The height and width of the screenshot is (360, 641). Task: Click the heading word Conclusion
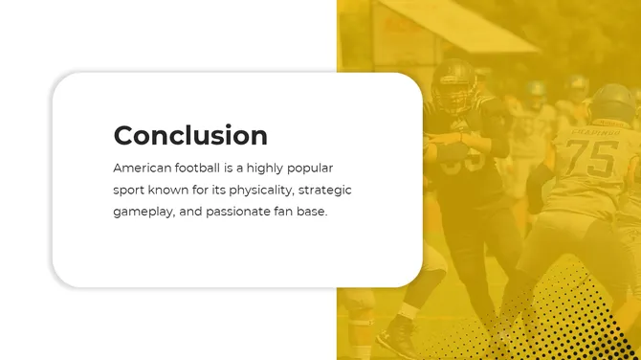coord(189,135)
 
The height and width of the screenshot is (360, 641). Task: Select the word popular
coord(308,168)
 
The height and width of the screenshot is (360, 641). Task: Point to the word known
coord(171,190)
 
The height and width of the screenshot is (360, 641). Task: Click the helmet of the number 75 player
coord(612,102)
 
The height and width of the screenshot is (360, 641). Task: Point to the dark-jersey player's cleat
coord(395,340)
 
